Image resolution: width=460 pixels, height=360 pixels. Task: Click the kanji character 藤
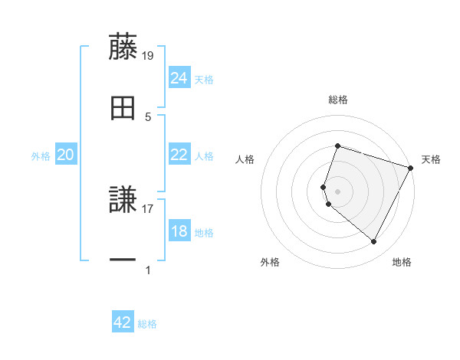pyautogui.click(x=123, y=46)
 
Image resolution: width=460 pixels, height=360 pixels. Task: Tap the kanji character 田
pyautogui.click(x=123, y=108)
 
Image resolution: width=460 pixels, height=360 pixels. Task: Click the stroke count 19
pyautogui.click(x=149, y=55)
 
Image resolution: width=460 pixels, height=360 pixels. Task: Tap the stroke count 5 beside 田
pyautogui.click(x=148, y=116)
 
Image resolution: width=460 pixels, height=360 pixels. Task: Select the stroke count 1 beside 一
pyautogui.click(x=148, y=269)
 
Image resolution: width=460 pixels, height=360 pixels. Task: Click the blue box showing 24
pyautogui.click(x=179, y=78)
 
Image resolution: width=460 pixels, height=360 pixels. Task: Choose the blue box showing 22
pyautogui.click(x=179, y=155)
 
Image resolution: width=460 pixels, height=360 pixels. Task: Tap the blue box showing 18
pyautogui.click(x=179, y=231)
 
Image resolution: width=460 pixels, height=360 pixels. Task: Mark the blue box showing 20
pyautogui.click(x=65, y=155)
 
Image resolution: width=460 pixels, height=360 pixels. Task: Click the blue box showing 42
pyautogui.click(x=122, y=322)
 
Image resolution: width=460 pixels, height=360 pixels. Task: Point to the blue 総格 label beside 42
pyautogui.click(x=147, y=324)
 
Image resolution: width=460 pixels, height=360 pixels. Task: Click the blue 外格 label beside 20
pyautogui.click(x=41, y=156)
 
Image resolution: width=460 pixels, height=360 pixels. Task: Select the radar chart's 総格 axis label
pyautogui.click(x=338, y=100)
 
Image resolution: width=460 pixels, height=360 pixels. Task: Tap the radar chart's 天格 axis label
pyautogui.click(x=432, y=159)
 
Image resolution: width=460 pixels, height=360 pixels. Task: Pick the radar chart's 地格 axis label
pyautogui.click(x=402, y=263)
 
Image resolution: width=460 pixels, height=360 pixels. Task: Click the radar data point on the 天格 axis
pyautogui.click(x=412, y=167)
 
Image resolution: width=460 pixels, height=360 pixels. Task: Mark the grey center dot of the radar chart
pyautogui.click(x=338, y=190)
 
